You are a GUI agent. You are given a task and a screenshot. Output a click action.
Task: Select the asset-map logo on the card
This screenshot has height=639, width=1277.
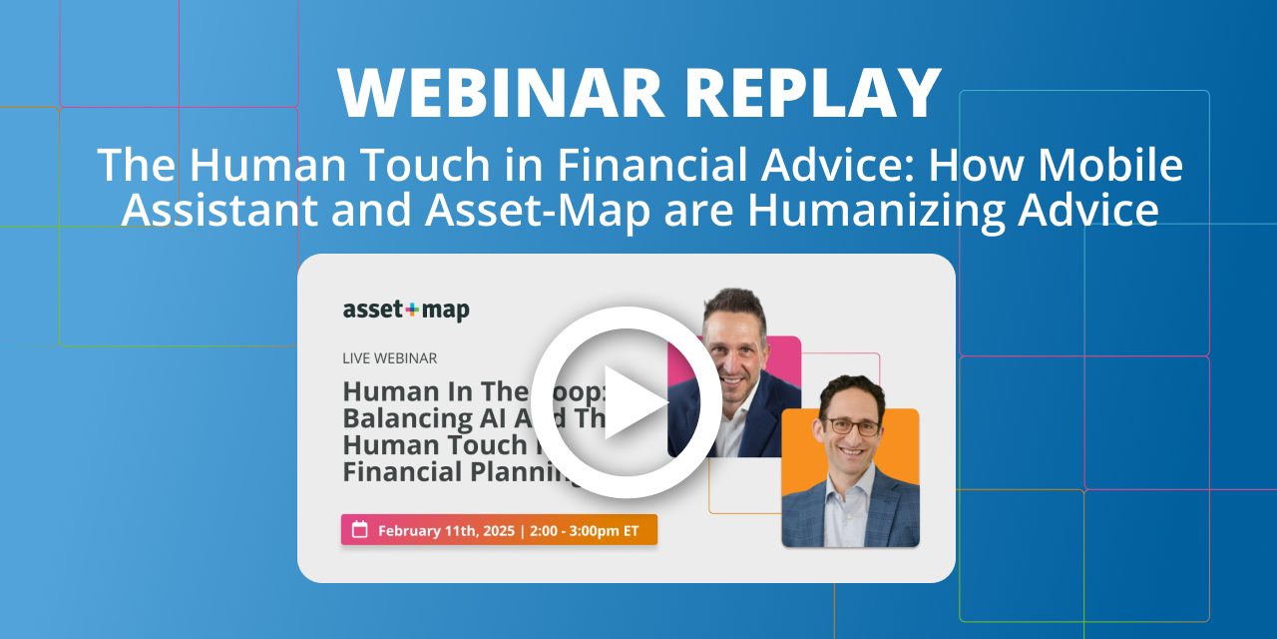point(406,310)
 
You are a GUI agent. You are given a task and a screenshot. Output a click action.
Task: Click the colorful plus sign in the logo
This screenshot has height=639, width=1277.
point(411,310)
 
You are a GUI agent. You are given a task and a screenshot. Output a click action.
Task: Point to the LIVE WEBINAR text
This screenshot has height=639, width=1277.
point(390,357)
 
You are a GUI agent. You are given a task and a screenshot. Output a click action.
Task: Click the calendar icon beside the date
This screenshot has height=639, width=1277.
point(360,530)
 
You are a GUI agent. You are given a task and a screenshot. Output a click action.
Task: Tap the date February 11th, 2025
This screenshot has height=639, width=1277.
point(444,530)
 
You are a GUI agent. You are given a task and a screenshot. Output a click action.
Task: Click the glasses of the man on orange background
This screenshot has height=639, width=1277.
point(851,426)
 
